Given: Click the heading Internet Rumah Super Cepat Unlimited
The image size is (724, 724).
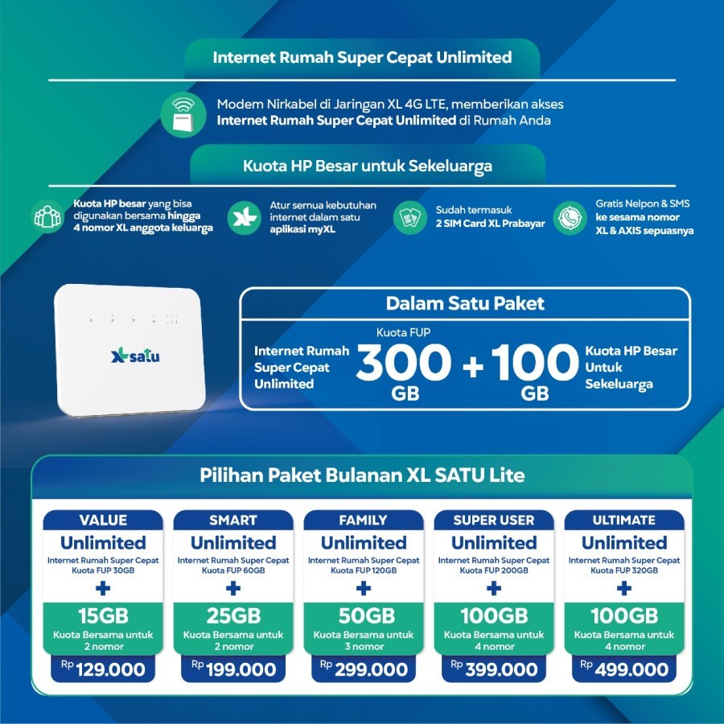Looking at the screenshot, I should [x=362, y=58].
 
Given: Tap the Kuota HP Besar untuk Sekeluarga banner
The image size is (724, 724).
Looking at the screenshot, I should [x=368, y=167].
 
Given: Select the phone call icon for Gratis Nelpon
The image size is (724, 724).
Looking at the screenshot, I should [x=570, y=217].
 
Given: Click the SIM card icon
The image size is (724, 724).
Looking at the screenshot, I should [x=409, y=217].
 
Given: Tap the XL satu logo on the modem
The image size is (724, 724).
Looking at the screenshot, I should [x=136, y=355].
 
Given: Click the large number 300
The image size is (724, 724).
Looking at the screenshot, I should [x=404, y=364].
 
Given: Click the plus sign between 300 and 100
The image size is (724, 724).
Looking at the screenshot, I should [x=473, y=366].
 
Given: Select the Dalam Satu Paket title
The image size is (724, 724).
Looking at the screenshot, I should [x=465, y=303].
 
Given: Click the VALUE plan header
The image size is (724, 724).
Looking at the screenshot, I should [x=103, y=520].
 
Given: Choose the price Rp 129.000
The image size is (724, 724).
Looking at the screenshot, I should [x=103, y=669].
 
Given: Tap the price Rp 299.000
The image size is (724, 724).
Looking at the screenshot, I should [x=364, y=669].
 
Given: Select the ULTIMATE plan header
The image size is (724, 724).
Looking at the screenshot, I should [x=624, y=520].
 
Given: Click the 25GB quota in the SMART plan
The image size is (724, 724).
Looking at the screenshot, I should [x=233, y=617].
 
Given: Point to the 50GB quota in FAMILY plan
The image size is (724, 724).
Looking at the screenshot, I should [x=364, y=617].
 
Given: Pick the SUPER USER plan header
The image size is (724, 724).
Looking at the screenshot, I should [x=494, y=520].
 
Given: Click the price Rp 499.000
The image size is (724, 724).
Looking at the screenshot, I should [x=624, y=669].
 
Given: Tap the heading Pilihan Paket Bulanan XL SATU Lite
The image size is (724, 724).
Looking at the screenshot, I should [x=362, y=475].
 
